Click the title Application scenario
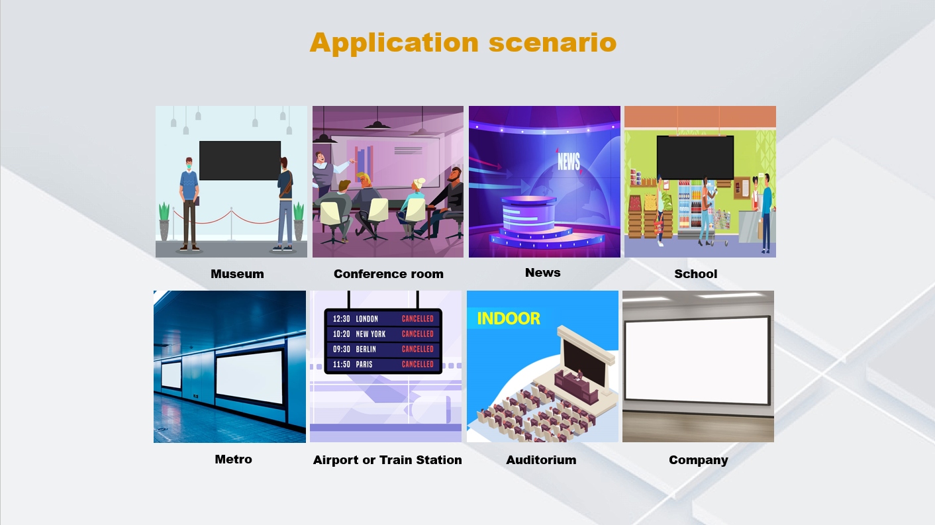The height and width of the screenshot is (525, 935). tap(463, 42)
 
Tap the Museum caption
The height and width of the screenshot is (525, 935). tap(237, 274)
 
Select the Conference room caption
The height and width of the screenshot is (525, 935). tap(388, 274)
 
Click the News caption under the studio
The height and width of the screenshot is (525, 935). tap(542, 273)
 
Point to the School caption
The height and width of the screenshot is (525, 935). tap(695, 274)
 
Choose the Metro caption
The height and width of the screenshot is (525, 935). tap(233, 459)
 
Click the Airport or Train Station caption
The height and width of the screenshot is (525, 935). tap(387, 460)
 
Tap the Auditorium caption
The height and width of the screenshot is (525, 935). tap(541, 460)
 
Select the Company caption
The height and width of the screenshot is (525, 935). tap(699, 460)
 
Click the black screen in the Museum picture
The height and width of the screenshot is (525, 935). tap(240, 161)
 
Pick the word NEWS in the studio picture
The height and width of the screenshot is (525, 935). tap(569, 161)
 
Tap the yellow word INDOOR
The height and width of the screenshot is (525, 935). tap(509, 319)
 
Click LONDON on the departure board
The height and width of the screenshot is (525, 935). tap(366, 319)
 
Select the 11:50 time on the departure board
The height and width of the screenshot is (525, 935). tap(341, 364)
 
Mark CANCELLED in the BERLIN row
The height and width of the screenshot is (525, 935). tap(417, 349)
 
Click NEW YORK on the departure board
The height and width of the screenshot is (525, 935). tap(371, 334)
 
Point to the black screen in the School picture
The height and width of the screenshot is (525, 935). tap(695, 158)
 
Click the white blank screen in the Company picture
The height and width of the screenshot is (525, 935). tap(697, 360)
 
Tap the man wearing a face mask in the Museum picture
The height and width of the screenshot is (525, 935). tap(189, 205)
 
